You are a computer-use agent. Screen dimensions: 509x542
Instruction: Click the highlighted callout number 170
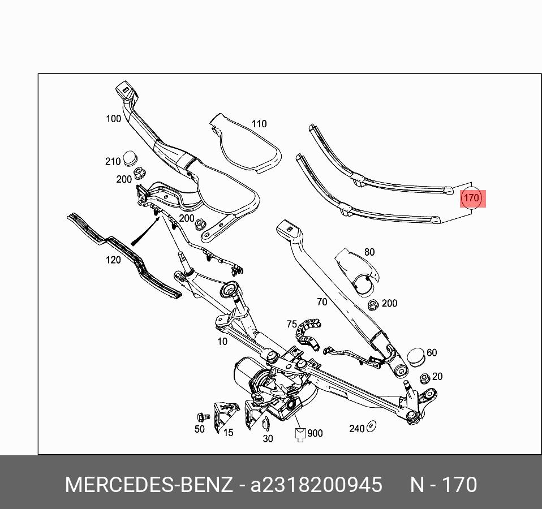pos(471,199)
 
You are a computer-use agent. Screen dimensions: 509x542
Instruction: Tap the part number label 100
pos(114,119)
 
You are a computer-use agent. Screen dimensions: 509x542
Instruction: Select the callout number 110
pos(259,124)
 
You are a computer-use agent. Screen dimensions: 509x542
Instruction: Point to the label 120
pos(114,260)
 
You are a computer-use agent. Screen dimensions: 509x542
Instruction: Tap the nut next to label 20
pos(424,378)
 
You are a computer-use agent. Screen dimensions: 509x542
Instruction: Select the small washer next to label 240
pos(372,426)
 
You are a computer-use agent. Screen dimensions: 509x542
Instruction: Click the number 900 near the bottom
pos(315,433)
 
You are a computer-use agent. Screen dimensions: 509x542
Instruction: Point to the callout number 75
pos(291,324)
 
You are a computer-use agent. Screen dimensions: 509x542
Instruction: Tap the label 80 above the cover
pos(369,252)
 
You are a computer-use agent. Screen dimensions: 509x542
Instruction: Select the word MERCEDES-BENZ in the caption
pos(148,485)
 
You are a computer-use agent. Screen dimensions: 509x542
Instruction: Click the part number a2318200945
pos(317,485)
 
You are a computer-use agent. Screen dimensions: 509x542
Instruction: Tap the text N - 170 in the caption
pos(443,485)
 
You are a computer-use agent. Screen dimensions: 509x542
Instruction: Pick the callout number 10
pos(222,341)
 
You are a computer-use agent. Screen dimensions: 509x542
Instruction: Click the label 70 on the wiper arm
pos(321,302)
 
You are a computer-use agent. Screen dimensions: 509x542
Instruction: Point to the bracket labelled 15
pos(222,416)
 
